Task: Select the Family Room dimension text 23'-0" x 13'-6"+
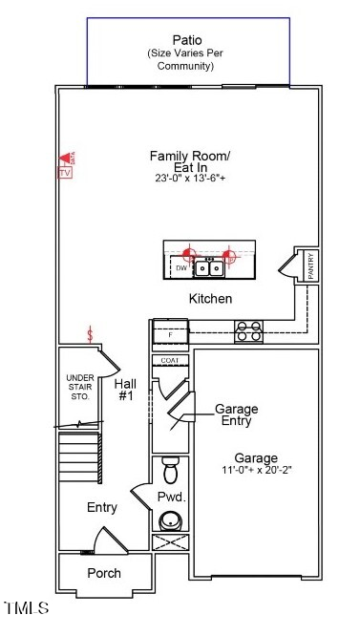pyautogui.click(x=190, y=179)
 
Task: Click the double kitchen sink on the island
pyautogui.click(x=209, y=268)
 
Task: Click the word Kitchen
pyautogui.click(x=210, y=299)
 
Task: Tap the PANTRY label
pyautogui.click(x=310, y=265)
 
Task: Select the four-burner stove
pyautogui.click(x=249, y=331)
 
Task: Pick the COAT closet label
pyautogui.click(x=170, y=360)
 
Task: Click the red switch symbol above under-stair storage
pyautogui.click(x=90, y=334)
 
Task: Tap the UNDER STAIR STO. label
pyautogui.click(x=79, y=387)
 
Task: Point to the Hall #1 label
pyautogui.click(x=126, y=389)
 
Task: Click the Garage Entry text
pyautogui.click(x=236, y=414)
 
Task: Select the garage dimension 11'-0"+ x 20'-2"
pyautogui.click(x=257, y=471)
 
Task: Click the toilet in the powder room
pyautogui.click(x=171, y=470)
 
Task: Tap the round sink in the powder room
pyautogui.click(x=171, y=520)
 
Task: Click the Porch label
pyautogui.click(x=104, y=573)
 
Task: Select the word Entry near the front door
pyautogui.click(x=102, y=507)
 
